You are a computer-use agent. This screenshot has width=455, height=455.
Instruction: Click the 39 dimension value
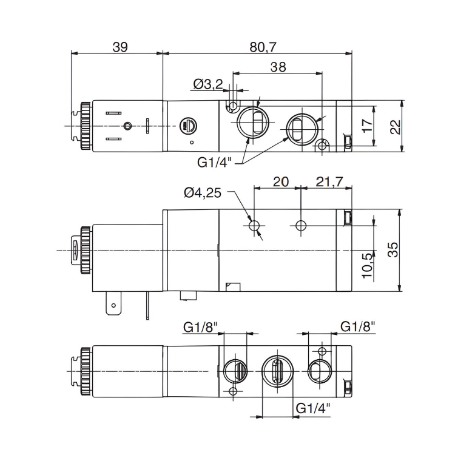[120, 47]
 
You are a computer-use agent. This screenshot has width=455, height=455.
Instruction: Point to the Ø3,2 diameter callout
[207, 84]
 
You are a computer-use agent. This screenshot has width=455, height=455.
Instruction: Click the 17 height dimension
[367, 126]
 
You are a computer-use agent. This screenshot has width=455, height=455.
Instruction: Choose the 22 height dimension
[395, 126]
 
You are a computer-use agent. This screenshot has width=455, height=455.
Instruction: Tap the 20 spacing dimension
[280, 181]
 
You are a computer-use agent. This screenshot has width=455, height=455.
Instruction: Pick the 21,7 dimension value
[326, 181]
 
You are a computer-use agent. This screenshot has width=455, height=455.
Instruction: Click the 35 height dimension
[394, 249]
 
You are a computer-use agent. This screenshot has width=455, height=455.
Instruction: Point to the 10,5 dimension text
[366, 265]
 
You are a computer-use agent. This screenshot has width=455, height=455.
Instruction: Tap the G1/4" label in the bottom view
[312, 408]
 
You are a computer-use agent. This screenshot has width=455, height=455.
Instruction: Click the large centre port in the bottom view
[277, 370]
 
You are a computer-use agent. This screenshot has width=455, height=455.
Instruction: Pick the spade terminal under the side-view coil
[112, 303]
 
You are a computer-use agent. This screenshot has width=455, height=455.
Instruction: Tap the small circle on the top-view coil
[127, 126]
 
